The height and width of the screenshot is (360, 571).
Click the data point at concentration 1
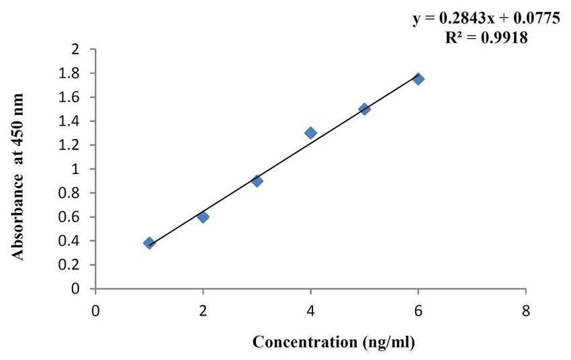click(x=149, y=243)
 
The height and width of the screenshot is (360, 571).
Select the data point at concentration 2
click(x=203, y=217)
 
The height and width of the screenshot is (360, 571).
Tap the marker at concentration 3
click(x=257, y=181)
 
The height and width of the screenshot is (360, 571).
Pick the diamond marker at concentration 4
click(x=310, y=133)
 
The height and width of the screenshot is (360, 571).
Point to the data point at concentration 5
click(x=365, y=109)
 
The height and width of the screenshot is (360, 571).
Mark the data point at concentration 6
click(x=419, y=79)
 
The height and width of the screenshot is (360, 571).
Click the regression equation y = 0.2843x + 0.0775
click(x=486, y=19)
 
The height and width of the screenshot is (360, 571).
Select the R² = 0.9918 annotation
click(x=486, y=38)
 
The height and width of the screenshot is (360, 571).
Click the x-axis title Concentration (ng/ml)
click(x=334, y=342)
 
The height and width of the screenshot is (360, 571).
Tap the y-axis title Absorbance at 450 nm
click(x=20, y=177)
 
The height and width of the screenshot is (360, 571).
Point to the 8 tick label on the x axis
click(x=525, y=310)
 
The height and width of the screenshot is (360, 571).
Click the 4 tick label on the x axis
click(x=310, y=310)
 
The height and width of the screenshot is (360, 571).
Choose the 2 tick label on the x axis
click(x=203, y=310)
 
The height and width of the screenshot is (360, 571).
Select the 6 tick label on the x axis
click(x=418, y=310)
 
